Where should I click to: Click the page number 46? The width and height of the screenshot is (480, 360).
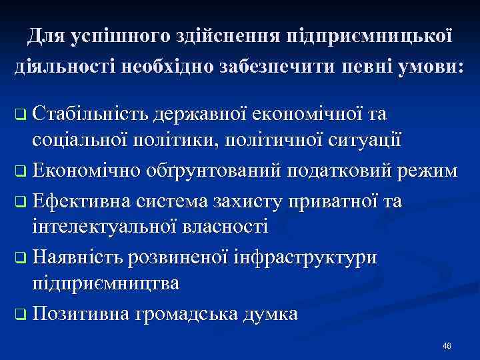click(447, 345)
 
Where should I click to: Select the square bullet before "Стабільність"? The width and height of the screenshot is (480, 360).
click(20, 115)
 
